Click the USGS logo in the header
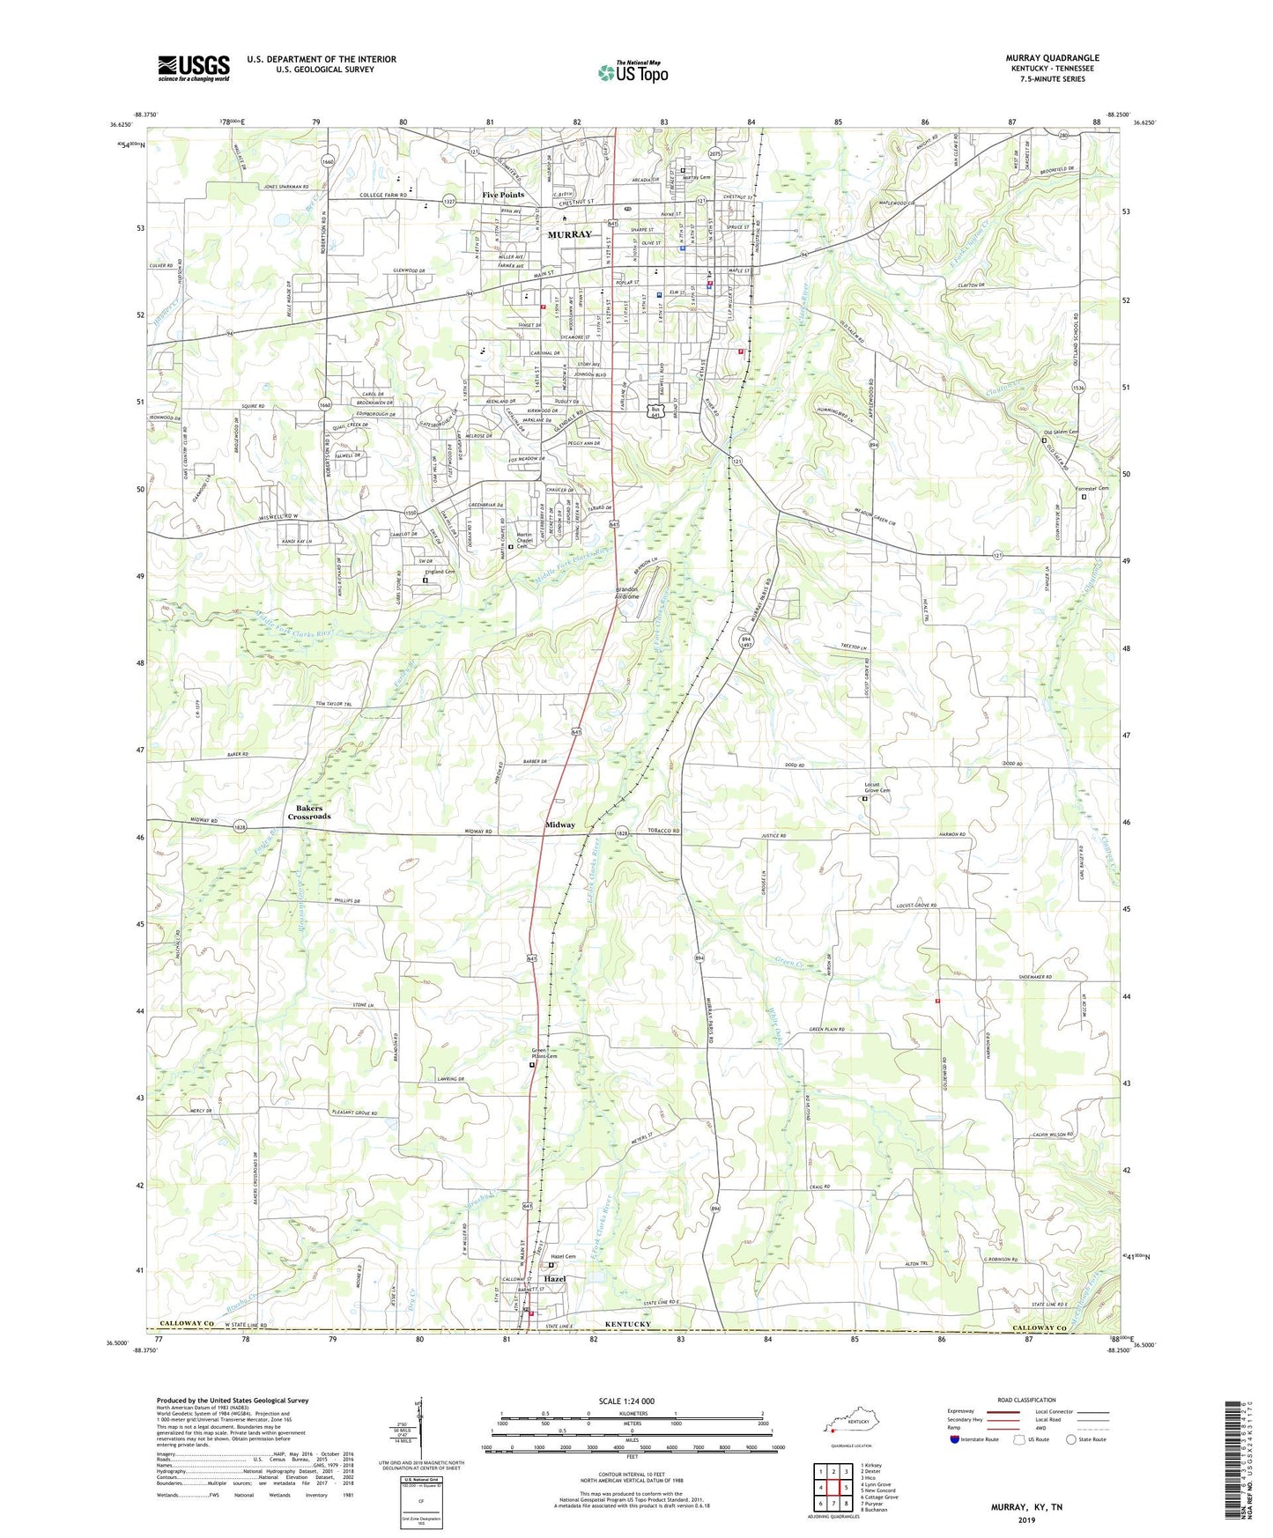[x=193, y=68]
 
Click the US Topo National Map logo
[x=633, y=72]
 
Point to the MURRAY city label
[x=569, y=234]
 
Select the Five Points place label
[x=502, y=195]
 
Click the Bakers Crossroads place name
[x=308, y=812]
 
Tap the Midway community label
[x=560, y=824]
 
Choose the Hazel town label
[x=554, y=1278]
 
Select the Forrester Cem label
[x=1091, y=489]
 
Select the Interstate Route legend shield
[x=955, y=1439]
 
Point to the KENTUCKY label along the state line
[x=627, y=1325]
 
